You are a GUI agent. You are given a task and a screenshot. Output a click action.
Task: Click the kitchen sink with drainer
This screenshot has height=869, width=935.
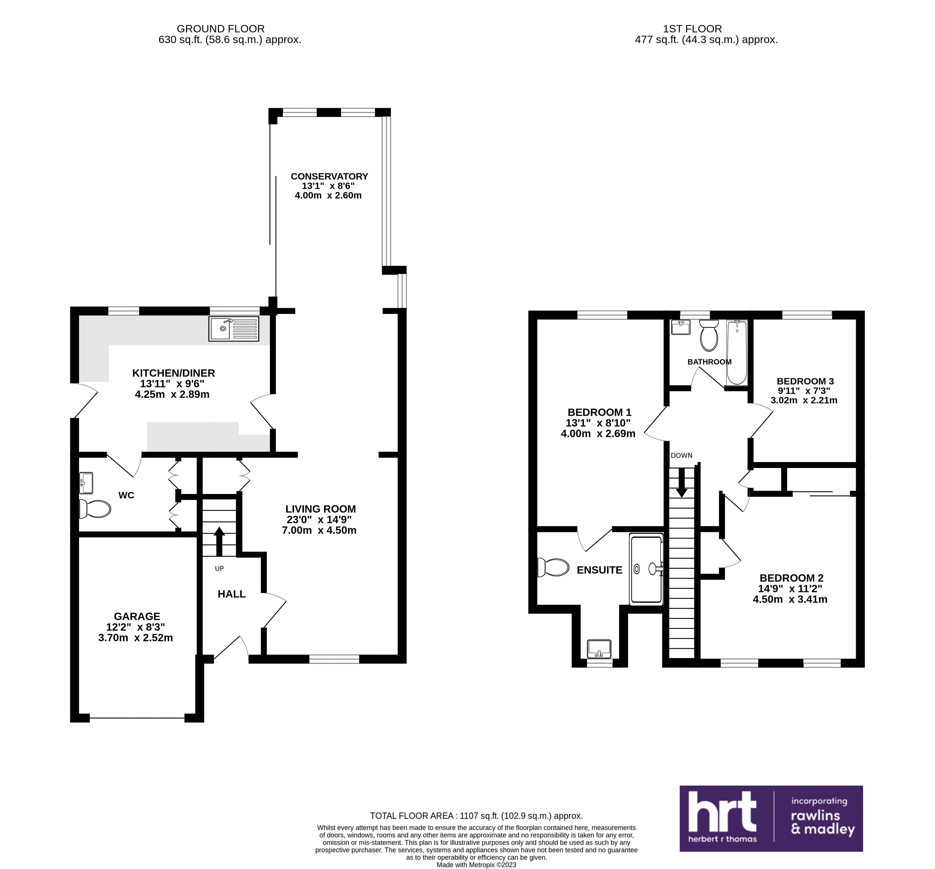tap(234, 329)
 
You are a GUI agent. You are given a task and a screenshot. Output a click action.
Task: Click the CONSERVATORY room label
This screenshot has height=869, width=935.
tap(329, 176)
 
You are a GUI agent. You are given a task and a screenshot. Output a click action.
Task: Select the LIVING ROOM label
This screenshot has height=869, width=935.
tap(321, 509)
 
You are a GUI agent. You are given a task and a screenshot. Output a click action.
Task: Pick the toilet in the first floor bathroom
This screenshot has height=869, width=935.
tap(709, 335)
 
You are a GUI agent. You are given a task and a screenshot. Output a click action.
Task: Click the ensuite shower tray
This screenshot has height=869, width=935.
tap(646, 569)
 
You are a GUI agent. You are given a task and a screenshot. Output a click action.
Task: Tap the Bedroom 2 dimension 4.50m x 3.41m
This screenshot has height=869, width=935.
tap(790, 599)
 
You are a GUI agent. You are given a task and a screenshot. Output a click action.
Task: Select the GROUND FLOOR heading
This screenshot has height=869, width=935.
tap(220, 29)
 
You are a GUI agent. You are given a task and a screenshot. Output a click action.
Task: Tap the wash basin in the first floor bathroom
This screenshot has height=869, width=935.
tap(681, 327)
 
